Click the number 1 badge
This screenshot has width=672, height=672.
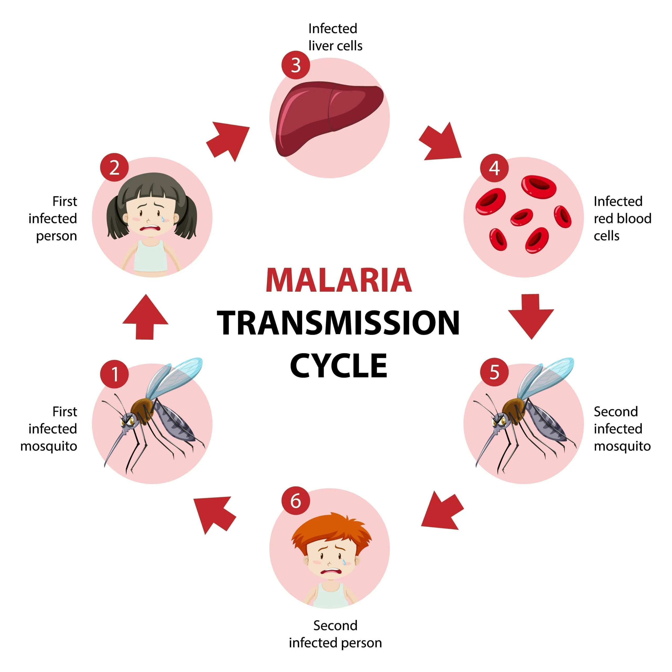(114, 374)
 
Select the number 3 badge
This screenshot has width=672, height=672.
(296, 65)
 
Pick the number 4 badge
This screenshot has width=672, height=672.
(494, 168)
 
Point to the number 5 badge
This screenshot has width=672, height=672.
(494, 372)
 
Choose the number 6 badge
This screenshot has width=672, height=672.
(296, 501)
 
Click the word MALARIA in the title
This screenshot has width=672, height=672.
(338, 280)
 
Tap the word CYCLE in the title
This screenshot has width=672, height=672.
(338, 366)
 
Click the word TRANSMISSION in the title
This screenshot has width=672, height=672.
(338, 323)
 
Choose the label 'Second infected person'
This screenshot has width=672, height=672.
(335, 634)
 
